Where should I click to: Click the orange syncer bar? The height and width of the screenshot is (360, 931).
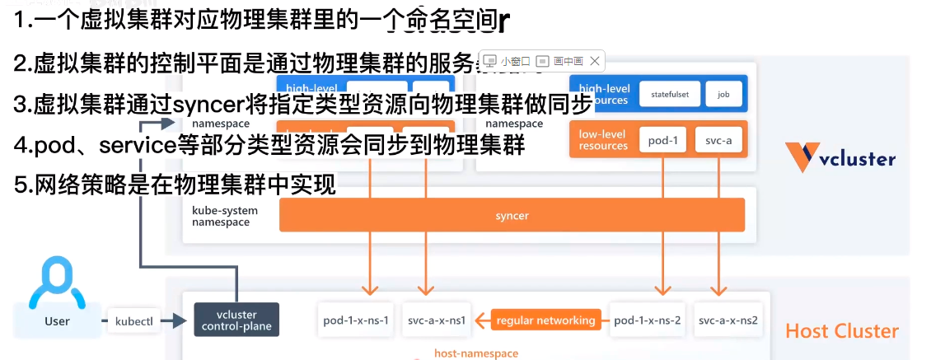512,215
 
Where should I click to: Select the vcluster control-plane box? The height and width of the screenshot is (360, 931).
236,320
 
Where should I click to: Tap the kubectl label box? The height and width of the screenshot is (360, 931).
133,320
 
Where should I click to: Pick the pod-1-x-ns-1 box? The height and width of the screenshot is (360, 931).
357,320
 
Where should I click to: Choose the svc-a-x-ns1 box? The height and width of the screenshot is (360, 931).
437,320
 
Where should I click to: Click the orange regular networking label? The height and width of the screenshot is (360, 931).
545,320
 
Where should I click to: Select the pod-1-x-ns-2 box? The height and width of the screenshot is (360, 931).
647,320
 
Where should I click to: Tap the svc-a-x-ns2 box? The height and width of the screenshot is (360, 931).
727,320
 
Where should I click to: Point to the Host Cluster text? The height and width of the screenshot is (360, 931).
841,331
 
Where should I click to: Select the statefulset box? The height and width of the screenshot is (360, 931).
669,95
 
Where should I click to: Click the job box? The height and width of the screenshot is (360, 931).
723,95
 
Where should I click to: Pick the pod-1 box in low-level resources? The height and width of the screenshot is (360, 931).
662,140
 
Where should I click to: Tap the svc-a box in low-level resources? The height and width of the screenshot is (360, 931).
718,140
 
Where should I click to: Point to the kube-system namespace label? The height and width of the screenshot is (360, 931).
225,216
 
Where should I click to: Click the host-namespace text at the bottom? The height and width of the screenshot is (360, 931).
476,353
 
